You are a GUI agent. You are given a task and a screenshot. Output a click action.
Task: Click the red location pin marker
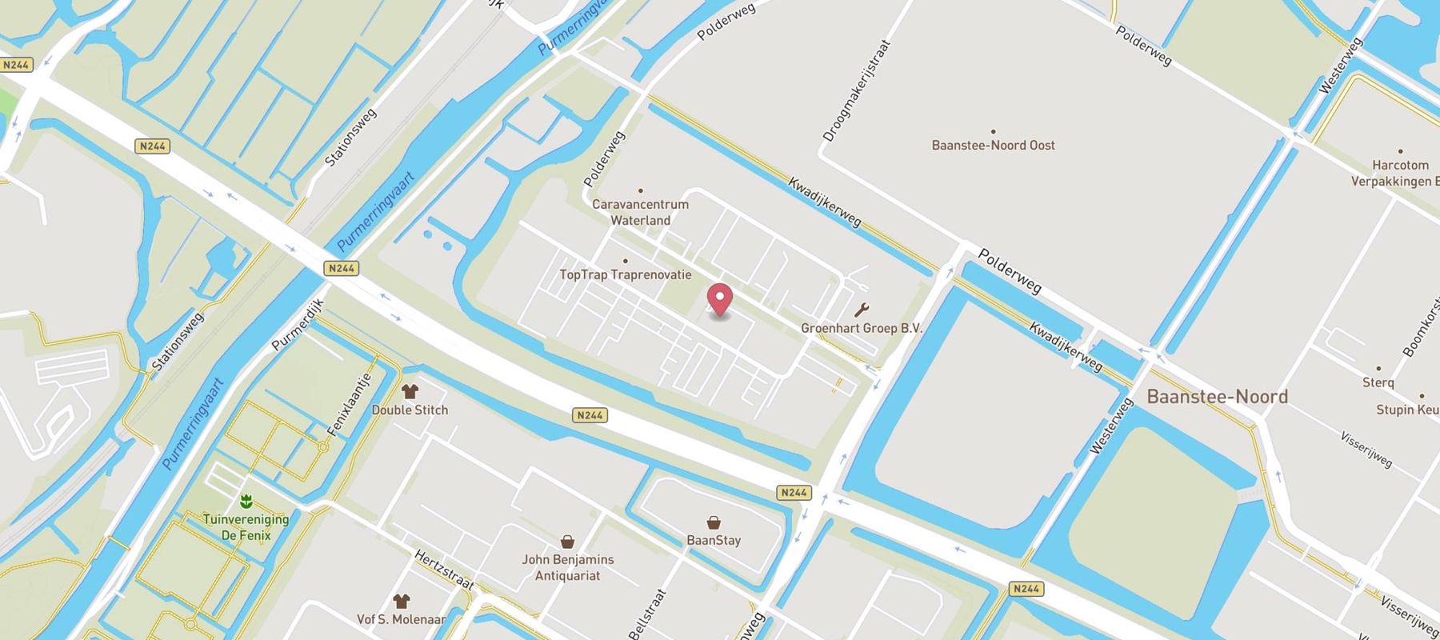[720, 299]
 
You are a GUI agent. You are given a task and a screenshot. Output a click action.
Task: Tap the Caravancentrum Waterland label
[640, 212]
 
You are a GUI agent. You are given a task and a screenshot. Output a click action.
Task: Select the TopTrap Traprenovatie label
[625, 274]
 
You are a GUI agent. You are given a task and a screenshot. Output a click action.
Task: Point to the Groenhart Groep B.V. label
[862, 328]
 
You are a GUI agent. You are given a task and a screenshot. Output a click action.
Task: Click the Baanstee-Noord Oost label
[993, 146]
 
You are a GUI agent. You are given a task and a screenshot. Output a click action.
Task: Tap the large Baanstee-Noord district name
[1217, 397]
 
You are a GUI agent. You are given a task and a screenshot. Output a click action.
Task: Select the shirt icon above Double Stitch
[410, 391]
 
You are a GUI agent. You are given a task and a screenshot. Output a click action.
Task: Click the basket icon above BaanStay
[714, 522]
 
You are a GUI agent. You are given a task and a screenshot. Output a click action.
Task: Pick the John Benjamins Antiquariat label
[567, 567]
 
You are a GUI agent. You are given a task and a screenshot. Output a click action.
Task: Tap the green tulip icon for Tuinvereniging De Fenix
[246, 502]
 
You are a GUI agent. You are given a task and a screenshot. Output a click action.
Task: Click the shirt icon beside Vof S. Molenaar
[401, 601]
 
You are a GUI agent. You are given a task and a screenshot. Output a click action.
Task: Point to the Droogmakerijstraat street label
[856, 91]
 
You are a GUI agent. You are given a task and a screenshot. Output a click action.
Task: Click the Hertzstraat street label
[444, 570]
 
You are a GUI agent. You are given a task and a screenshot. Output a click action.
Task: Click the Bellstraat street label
[647, 614]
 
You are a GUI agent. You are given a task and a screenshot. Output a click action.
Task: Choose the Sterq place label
[1378, 382]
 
